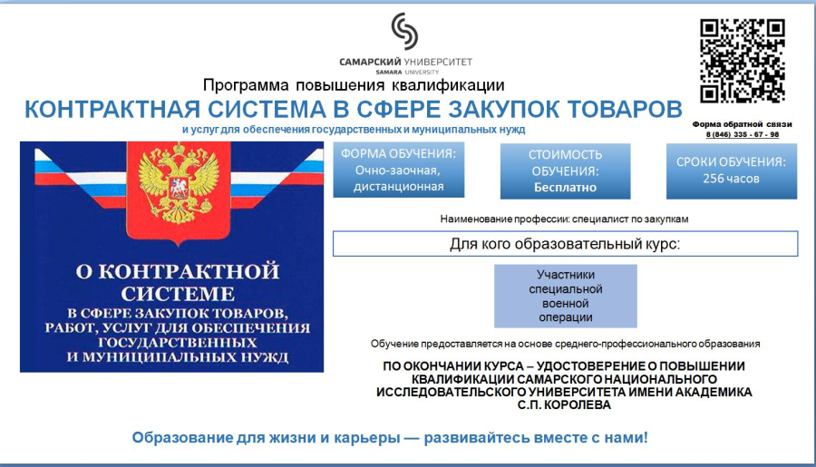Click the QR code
click(742, 61)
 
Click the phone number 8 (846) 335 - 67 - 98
click(742, 134)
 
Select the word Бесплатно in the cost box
click(565, 188)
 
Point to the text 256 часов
click(731, 179)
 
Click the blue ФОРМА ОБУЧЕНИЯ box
click(399, 170)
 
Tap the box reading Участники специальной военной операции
click(566, 296)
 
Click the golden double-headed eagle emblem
click(179, 183)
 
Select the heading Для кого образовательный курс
click(565, 244)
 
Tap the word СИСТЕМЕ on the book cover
click(178, 294)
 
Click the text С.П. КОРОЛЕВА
click(564, 405)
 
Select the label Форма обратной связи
click(742, 124)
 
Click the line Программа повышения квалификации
click(354, 85)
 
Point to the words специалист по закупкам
click(630, 219)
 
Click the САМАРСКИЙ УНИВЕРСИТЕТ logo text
click(406, 62)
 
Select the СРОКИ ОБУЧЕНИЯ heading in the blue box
click(731, 162)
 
